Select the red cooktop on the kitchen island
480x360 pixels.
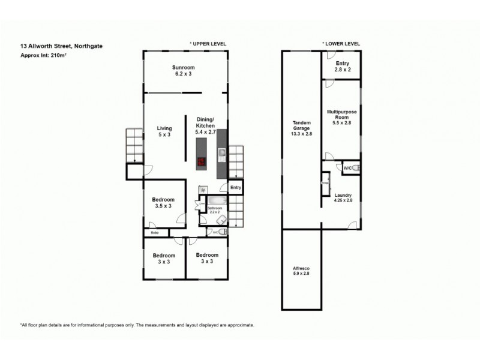point(202,161)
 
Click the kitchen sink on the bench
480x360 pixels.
point(221,155)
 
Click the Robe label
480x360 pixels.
point(154,232)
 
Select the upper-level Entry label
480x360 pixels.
point(235,188)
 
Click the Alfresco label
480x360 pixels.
point(301,270)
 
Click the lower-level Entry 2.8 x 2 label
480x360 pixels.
point(342,66)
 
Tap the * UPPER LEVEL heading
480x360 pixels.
point(208,44)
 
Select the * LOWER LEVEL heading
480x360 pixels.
point(341,44)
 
